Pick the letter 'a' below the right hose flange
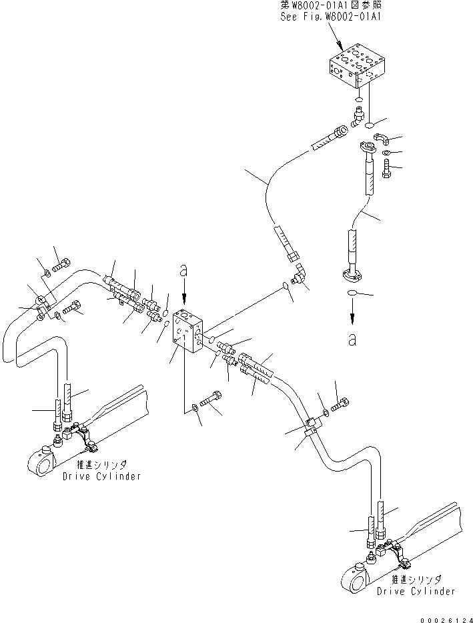pyautogui.click(x=351, y=339)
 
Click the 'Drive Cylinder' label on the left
pyautogui.click(x=101, y=477)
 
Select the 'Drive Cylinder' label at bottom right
pyautogui.click(x=416, y=591)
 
